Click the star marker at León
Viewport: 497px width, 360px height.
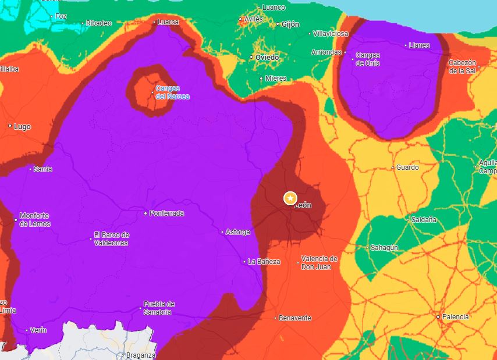pos(290,198)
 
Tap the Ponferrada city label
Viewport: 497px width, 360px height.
pos(166,213)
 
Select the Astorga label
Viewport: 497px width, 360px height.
pos(238,232)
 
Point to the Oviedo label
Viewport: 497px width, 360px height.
pos(267,58)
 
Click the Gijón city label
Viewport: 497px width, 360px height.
pos(290,24)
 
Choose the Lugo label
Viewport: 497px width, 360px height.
pos(22,126)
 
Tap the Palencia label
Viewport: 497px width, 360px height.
pos(455,317)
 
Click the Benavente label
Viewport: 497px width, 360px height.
pos(295,318)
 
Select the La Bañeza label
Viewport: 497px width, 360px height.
pos(264,262)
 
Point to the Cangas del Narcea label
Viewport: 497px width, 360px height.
pos(172,92)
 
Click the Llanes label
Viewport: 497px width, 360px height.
pos(419,45)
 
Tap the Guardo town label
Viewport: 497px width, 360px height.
pos(407,167)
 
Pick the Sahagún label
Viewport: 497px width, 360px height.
pos(385,248)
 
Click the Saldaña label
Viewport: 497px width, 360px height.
pos(424,220)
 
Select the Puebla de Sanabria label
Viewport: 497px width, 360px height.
pos(158,308)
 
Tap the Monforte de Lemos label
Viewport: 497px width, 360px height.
pos(35,219)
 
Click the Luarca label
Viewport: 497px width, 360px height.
pos(168,22)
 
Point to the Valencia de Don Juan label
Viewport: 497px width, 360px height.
pos(319,262)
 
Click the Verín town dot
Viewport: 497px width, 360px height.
pos(27,330)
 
